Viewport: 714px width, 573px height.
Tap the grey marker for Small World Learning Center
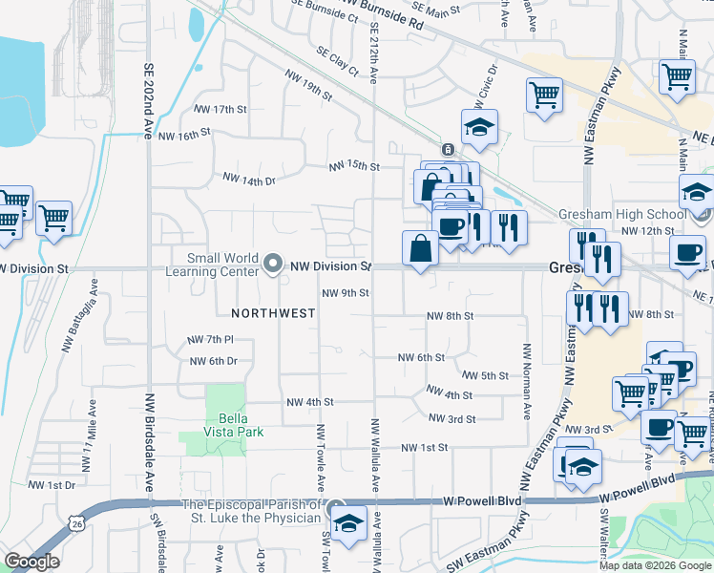pos(275,265)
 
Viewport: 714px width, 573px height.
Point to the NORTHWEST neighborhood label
pos(273,312)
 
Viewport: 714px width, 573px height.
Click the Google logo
pos(31,562)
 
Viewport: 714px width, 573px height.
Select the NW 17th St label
pos(217,110)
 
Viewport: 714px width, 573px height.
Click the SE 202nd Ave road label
pos(149,102)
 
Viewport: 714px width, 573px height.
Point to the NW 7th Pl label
pos(211,339)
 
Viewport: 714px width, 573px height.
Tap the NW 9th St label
pos(345,293)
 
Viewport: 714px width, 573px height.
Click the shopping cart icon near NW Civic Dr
pos(543,95)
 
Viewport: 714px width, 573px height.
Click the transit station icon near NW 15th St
pos(447,150)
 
